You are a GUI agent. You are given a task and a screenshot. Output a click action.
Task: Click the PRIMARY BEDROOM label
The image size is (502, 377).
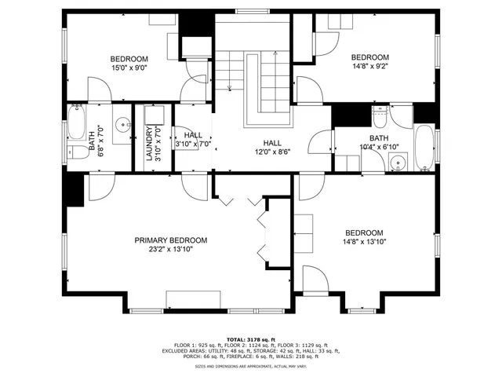click(170, 240)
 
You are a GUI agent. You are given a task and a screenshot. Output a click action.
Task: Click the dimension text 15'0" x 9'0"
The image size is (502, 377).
click(129, 68)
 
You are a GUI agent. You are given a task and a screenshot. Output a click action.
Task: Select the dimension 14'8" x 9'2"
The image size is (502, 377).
click(369, 67)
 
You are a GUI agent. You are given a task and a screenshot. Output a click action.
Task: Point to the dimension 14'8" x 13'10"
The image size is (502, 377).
click(365, 243)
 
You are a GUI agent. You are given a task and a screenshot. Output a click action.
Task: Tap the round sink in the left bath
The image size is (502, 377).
click(123, 126)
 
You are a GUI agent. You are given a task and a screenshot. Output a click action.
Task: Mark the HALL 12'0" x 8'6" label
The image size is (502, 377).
click(272, 147)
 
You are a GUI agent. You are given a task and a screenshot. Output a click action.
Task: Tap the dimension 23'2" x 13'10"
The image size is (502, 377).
click(170, 250)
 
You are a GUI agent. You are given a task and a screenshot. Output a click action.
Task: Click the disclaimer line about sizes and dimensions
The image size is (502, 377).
click(250, 366)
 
